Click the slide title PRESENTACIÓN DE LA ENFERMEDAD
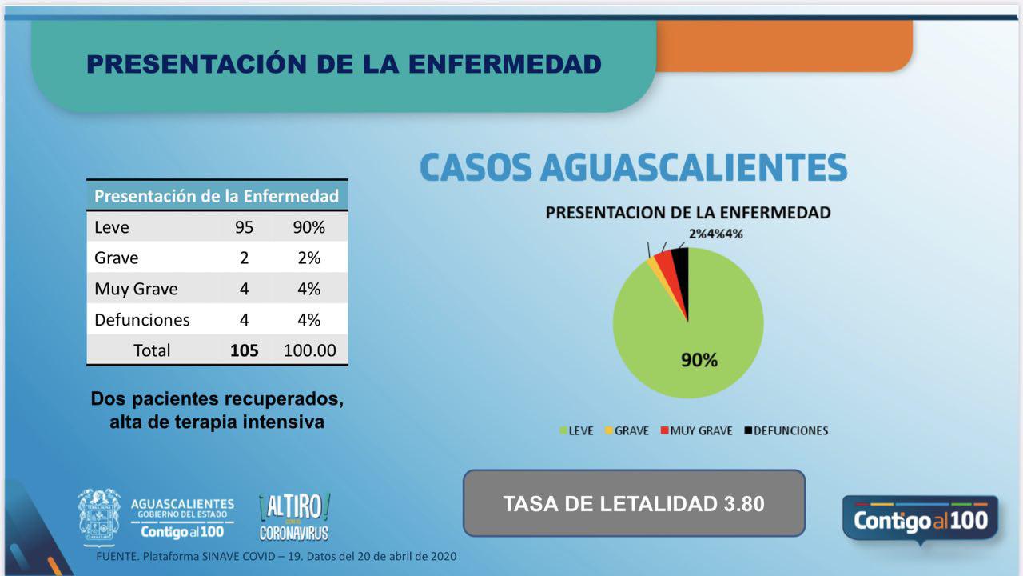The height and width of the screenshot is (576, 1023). click(x=344, y=64)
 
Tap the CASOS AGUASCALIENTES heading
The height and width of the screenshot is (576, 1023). click(x=633, y=167)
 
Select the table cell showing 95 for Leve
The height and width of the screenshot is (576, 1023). click(x=244, y=227)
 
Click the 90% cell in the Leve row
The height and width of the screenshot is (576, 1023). click(x=310, y=227)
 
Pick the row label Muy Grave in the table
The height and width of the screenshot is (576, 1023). click(x=136, y=289)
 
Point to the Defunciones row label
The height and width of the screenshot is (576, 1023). click(x=142, y=320)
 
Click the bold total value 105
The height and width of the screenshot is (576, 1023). click(x=244, y=350)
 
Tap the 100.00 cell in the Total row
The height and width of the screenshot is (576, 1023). click(x=310, y=350)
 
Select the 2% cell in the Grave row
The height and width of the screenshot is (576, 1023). click(x=308, y=258)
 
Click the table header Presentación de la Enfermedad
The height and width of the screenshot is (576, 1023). click(x=217, y=196)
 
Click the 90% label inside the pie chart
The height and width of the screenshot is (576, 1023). click(x=699, y=360)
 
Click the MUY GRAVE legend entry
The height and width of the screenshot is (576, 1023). click(x=695, y=430)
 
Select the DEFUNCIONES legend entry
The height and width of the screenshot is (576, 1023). click(x=786, y=430)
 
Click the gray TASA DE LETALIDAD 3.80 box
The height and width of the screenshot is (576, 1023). click(x=634, y=503)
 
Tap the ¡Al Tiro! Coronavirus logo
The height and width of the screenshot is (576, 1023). click(x=293, y=517)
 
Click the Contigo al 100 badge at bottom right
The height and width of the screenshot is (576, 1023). click(x=920, y=520)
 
